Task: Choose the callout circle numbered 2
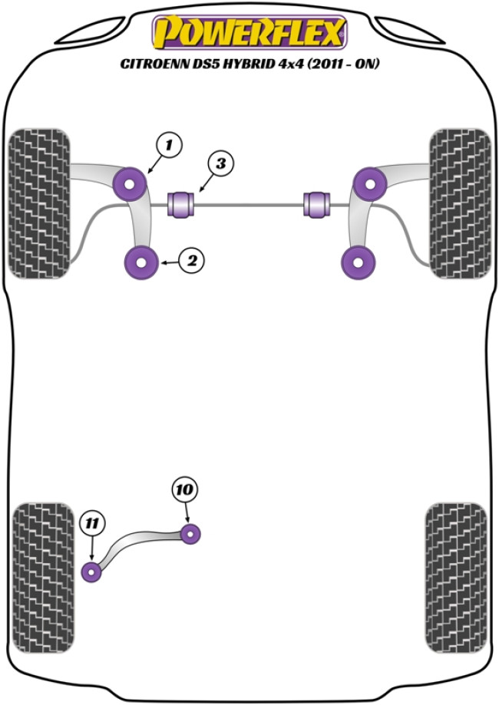click(192, 261)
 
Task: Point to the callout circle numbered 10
click(185, 489)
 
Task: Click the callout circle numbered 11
click(91, 525)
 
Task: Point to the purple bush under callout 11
click(92, 572)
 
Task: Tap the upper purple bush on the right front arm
click(370, 183)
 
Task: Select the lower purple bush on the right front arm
click(359, 262)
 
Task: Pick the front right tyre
click(459, 203)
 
